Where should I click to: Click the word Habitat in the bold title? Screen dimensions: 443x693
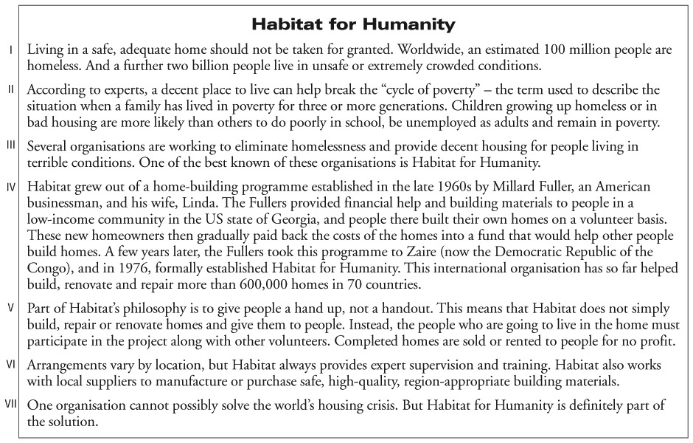[286, 24]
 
